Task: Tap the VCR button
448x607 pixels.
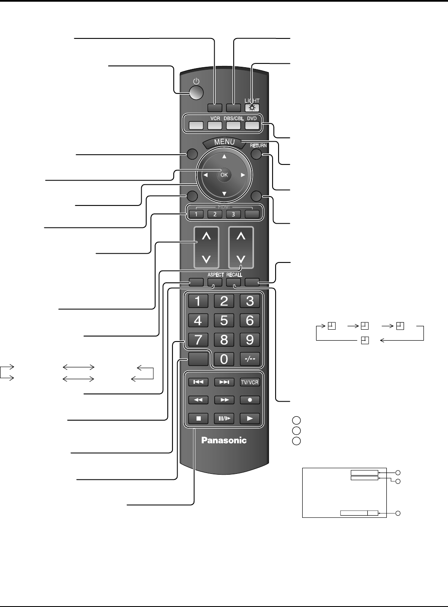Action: click(215, 125)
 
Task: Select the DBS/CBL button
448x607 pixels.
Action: click(233, 125)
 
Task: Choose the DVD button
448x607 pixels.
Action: click(251, 125)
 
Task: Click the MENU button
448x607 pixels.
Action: click(224, 142)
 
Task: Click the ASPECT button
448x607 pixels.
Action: click(215, 282)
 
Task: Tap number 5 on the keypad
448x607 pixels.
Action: click(224, 320)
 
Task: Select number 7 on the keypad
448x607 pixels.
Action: click(198, 339)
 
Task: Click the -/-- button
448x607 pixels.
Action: click(250, 359)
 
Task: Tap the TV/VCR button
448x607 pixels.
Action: click(250, 382)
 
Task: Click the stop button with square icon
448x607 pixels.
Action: click(198, 418)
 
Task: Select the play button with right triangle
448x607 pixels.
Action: click(250, 418)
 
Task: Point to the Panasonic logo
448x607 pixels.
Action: click(224, 440)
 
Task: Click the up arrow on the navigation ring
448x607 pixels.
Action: click(224, 156)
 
